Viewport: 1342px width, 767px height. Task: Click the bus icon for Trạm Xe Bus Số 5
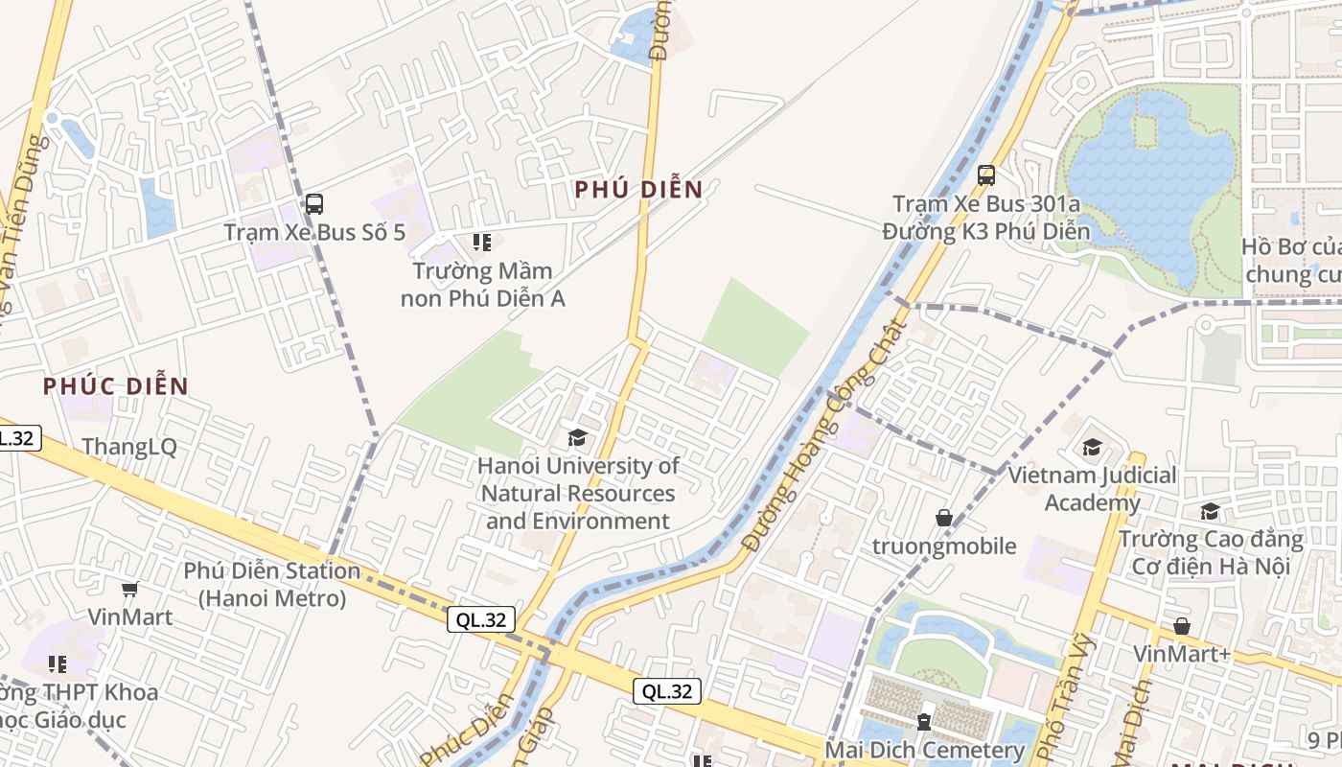pyautogui.click(x=313, y=203)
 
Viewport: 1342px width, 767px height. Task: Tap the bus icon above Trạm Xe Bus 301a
pyautogui.click(x=985, y=175)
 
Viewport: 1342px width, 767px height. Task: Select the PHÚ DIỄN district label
pyautogui.click(x=638, y=190)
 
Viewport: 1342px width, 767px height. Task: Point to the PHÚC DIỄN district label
pyautogui.click(x=115, y=386)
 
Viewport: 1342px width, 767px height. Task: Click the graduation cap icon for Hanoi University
pyautogui.click(x=577, y=438)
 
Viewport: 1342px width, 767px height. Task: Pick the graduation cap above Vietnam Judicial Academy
pyautogui.click(x=1092, y=448)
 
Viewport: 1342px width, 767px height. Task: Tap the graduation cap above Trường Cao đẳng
pyautogui.click(x=1210, y=512)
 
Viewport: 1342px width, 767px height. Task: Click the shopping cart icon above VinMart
pyautogui.click(x=130, y=589)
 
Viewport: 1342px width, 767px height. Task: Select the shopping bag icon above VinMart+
pyautogui.click(x=1181, y=626)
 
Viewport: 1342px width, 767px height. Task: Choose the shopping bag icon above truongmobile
pyautogui.click(x=944, y=518)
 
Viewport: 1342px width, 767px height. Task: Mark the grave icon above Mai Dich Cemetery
pyautogui.click(x=924, y=721)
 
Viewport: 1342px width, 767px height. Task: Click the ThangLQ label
pyautogui.click(x=129, y=447)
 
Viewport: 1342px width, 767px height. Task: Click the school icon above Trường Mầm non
pyautogui.click(x=481, y=243)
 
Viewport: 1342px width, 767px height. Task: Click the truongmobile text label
pyautogui.click(x=944, y=546)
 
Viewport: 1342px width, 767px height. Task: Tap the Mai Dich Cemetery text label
pyautogui.click(x=925, y=750)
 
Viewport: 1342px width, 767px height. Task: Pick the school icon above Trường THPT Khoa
pyautogui.click(x=58, y=663)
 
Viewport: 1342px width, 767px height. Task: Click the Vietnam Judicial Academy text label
pyautogui.click(x=1092, y=488)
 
